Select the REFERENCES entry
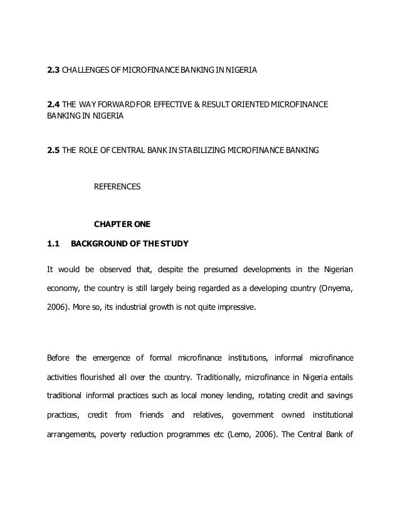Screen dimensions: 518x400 [x=117, y=187]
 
